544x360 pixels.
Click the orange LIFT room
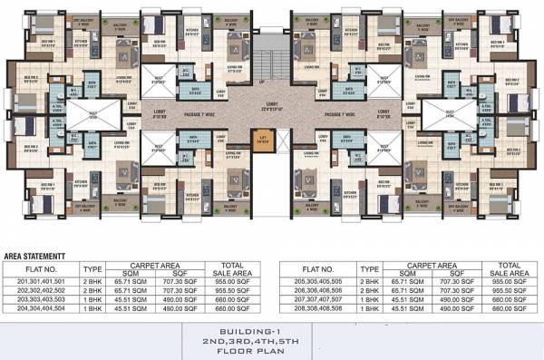[x=264, y=141]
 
